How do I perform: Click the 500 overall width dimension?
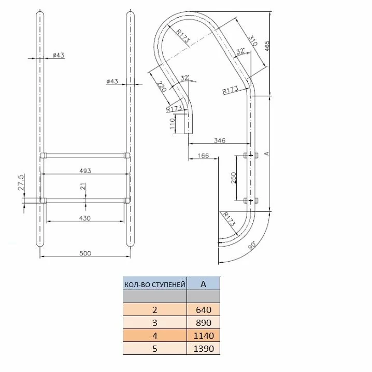[85, 253]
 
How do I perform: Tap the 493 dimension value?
[85, 170]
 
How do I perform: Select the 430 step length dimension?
[84, 218]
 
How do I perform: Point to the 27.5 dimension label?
[21, 182]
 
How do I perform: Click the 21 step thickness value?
[83, 186]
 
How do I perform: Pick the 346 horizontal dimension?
[220, 140]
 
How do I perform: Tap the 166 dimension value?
[203, 155]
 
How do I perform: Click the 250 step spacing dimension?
[234, 178]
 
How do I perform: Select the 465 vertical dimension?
[267, 46]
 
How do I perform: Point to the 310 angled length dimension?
[253, 40]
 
